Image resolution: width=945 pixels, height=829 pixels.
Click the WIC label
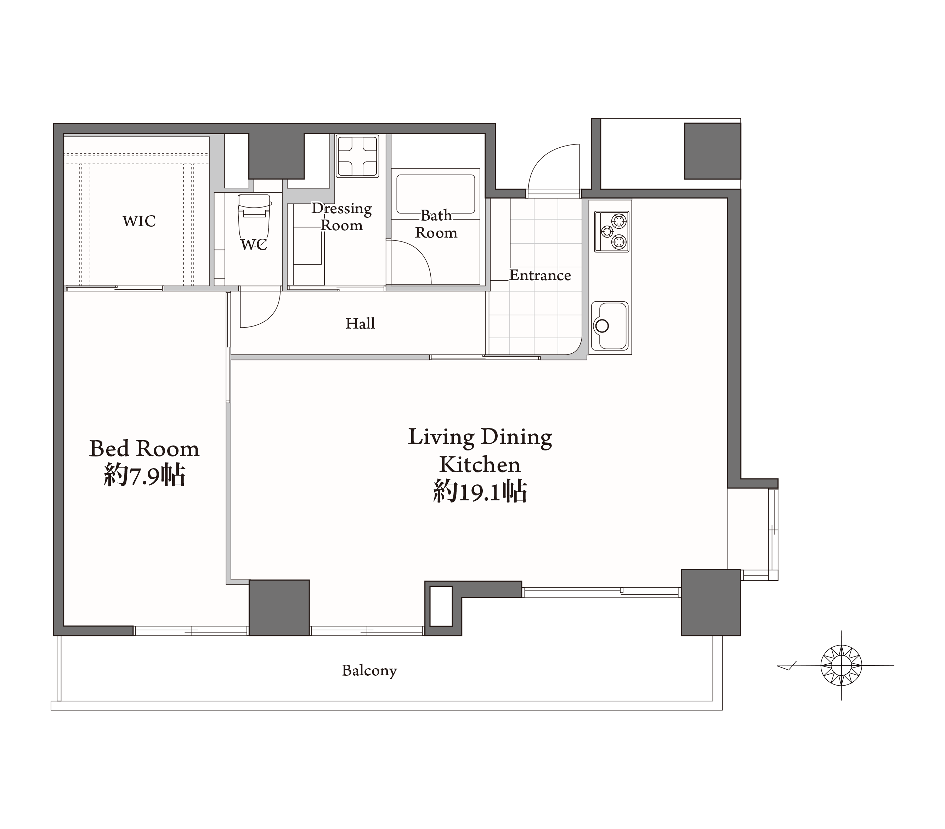pyautogui.click(x=139, y=221)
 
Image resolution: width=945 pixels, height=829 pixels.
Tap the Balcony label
pyautogui.click(x=369, y=671)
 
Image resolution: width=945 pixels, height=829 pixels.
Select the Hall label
pyautogui.click(x=360, y=323)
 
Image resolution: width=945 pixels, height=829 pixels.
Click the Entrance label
pyautogui.click(x=540, y=275)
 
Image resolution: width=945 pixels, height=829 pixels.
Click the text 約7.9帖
pyautogui.click(x=145, y=475)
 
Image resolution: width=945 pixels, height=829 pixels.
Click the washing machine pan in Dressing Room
pyautogui.click(x=357, y=156)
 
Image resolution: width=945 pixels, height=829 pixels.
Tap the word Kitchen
pyautogui.click(x=480, y=464)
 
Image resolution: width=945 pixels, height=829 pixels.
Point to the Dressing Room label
pyautogui.click(x=342, y=216)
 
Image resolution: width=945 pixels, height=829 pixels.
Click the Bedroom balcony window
pyautogui.click(x=191, y=631)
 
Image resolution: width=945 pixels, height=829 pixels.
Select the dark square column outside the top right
pyautogui.click(x=712, y=151)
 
